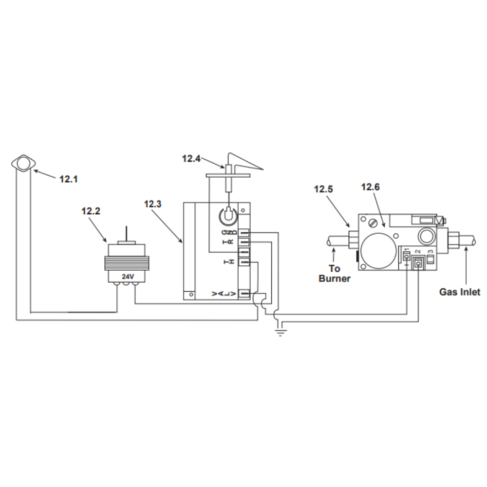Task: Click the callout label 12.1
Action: [x=68, y=179]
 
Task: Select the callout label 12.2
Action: [x=91, y=211]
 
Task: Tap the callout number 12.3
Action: [x=152, y=204]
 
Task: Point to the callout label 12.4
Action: [x=191, y=159]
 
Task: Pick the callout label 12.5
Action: [x=323, y=189]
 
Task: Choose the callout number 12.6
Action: [x=370, y=187]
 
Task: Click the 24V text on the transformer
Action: [x=128, y=277]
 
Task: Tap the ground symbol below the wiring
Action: [x=281, y=333]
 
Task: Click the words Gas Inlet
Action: [x=460, y=292]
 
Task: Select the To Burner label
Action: [x=335, y=274]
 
